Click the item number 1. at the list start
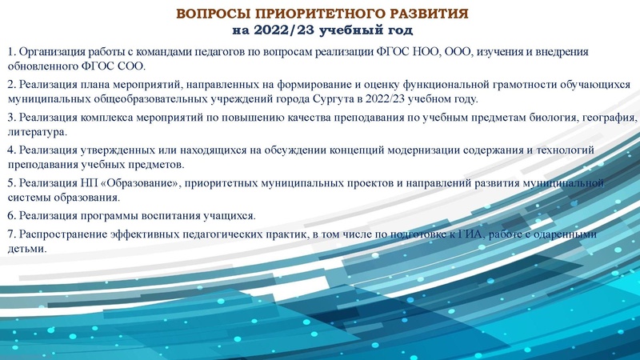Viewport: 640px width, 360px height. (12, 52)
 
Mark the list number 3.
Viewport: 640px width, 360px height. (12, 118)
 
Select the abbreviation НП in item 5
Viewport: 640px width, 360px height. (86, 183)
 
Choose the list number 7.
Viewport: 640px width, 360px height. (12, 234)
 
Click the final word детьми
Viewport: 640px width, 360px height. (26, 249)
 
